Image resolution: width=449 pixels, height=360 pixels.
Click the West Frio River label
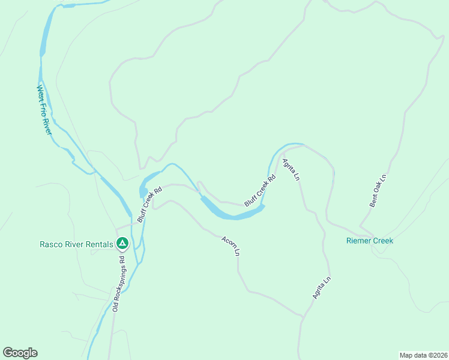(x=44, y=110)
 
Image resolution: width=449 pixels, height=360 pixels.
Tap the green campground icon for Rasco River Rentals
(x=122, y=243)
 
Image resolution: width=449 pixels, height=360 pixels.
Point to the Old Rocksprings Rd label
(x=119, y=284)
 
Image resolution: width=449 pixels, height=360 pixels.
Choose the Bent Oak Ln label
(x=377, y=191)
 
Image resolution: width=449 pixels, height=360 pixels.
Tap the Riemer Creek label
(x=370, y=241)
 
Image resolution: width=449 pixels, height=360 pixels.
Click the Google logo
(x=20, y=353)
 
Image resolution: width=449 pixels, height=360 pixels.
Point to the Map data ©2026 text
(x=423, y=355)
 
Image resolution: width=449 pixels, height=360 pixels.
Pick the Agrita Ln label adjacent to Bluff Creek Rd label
(x=290, y=170)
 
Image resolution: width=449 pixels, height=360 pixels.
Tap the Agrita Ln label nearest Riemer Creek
(x=321, y=287)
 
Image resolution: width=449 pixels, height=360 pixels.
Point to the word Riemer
(x=359, y=241)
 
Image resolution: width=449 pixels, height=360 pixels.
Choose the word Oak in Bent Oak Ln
(x=377, y=191)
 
